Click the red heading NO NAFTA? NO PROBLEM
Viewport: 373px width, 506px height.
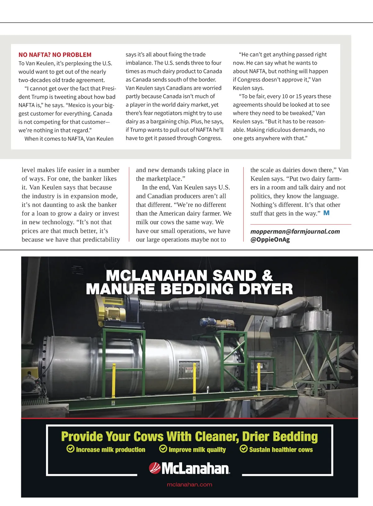(55, 55)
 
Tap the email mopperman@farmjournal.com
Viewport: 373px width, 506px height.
(295, 231)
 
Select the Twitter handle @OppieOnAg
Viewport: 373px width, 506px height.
(270, 239)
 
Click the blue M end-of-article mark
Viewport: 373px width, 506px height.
(326, 213)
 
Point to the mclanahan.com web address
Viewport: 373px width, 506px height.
(189, 485)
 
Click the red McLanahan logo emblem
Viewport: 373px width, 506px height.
(154, 468)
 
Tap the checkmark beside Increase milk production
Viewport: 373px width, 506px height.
(71, 449)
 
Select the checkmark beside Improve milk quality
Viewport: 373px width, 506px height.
(163, 449)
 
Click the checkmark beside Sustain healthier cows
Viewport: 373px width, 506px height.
(244, 449)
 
